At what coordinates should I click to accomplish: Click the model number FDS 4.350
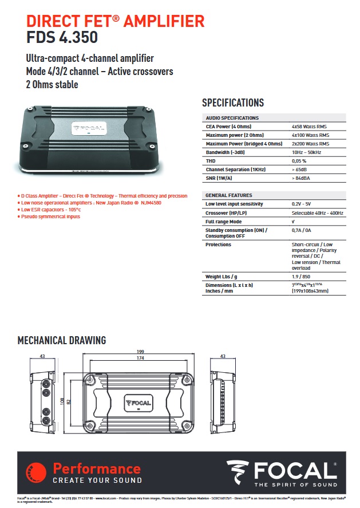pos(62,38)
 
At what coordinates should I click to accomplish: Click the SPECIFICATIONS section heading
pos(233,103)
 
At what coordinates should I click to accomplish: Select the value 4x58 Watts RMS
pos(310,127)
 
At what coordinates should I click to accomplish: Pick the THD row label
pos(211,161)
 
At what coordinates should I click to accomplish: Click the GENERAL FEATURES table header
pos(229,195)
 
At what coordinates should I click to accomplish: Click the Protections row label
pos(219,245)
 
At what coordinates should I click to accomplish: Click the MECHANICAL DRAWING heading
pos(62,340)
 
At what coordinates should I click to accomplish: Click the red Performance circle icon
pos(35,472)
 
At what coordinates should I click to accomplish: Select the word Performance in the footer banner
pos(96,468)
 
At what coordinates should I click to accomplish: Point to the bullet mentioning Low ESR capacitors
pos(51,210)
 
